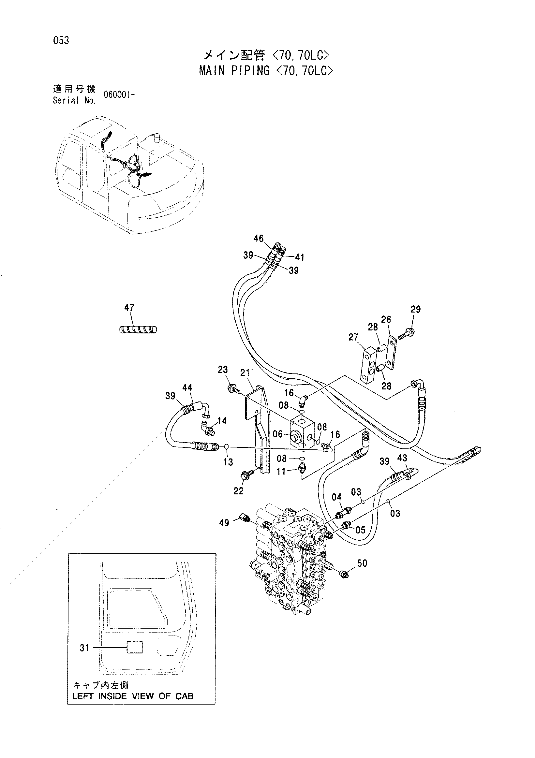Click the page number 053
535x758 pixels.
click(61, 41)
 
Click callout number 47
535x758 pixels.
click(129, 308)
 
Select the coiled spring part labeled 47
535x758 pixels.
click(138, 329)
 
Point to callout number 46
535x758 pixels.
click(259, 238)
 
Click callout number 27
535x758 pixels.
click(353, 337)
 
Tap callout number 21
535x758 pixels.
click(245, 373)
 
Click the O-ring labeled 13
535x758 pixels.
click(227, 447)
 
